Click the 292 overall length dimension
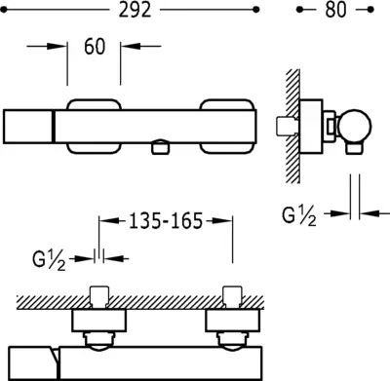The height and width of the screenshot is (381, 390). click(135, 10)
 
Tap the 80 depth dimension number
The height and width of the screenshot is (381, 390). click(335, 10)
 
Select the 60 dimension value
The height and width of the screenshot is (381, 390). click(95, 47)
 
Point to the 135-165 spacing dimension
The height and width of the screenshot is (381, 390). click(166, 221)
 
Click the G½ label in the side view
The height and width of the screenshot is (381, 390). click(299, 216)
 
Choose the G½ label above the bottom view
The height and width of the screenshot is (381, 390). click(49, 260)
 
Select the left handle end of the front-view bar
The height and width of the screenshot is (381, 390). click(27, 127)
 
